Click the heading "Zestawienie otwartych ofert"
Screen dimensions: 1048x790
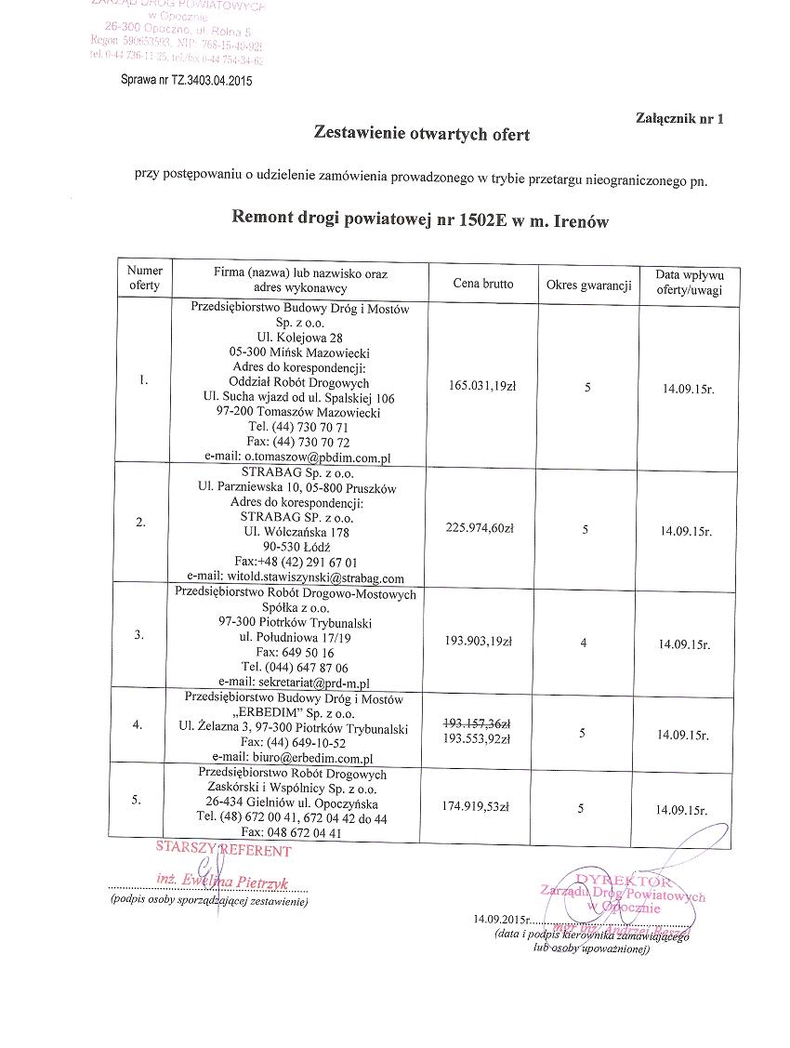tap(422, 134)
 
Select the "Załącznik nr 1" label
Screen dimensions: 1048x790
tap(678, 118)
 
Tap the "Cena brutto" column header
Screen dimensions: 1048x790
tap(482, 284)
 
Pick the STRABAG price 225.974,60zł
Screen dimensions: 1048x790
tap(481, 527)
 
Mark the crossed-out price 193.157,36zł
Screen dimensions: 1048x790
tap(481, 723)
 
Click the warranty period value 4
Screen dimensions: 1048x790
tap(584, 643)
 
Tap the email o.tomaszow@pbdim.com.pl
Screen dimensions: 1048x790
tap(296, 458)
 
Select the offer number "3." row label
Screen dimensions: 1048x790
tap(139, 635)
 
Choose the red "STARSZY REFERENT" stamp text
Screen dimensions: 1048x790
tap(223, 849)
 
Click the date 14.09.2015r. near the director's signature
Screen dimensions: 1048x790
tap(500, 919)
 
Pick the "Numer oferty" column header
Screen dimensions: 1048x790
tap(145, 278)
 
